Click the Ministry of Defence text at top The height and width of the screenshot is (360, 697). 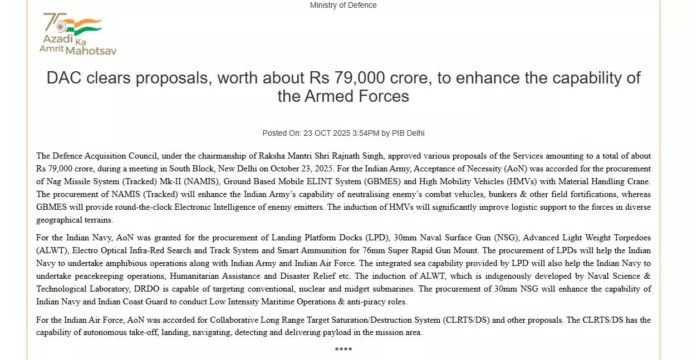click(343, 5)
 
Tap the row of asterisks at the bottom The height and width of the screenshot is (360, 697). click(343, 350)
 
